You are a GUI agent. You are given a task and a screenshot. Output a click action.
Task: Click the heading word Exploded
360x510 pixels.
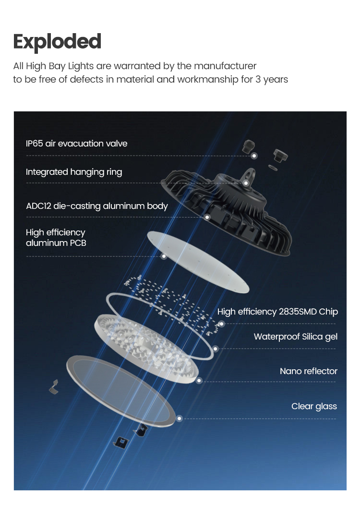tap(57, 42)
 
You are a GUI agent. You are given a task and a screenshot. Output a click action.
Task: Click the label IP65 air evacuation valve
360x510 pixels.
tap(76, 144)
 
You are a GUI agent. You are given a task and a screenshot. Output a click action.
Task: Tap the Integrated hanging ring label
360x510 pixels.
tap(74, 172)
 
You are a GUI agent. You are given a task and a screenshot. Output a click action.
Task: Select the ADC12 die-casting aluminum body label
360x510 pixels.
tap(97, 206)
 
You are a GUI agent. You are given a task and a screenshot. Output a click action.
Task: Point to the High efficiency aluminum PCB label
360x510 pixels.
tap(56, 238)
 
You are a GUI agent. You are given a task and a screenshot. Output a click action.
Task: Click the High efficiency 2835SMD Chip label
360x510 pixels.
tap(277, 312)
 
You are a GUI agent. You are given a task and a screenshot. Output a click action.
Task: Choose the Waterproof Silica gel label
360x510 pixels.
tap(296, 337)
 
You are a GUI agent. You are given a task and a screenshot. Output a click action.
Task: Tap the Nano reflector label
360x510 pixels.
tap(309, 371)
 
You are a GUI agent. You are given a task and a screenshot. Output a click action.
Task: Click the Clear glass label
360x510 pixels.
tap(314, 406)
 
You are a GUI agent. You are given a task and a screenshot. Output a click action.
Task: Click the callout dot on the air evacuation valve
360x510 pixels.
tap(254, 156)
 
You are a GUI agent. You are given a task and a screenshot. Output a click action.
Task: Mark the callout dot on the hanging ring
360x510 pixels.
tap(246, 183)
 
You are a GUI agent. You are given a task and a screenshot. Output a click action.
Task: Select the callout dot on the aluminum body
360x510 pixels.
tap(207, 217)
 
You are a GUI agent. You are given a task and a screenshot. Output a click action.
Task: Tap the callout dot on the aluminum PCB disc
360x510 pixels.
tap(164, 256)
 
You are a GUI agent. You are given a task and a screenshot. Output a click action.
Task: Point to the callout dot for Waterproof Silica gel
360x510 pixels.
tap(216, 349)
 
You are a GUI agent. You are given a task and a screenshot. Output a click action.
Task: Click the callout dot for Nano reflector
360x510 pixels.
tap(199, 380)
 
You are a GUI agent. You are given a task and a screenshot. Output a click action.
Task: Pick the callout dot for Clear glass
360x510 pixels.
tap(179, 419)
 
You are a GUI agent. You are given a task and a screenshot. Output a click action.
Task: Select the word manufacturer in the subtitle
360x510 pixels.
tap(225, 66)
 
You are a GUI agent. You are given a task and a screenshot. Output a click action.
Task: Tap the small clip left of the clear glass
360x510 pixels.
tap(54, 387)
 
